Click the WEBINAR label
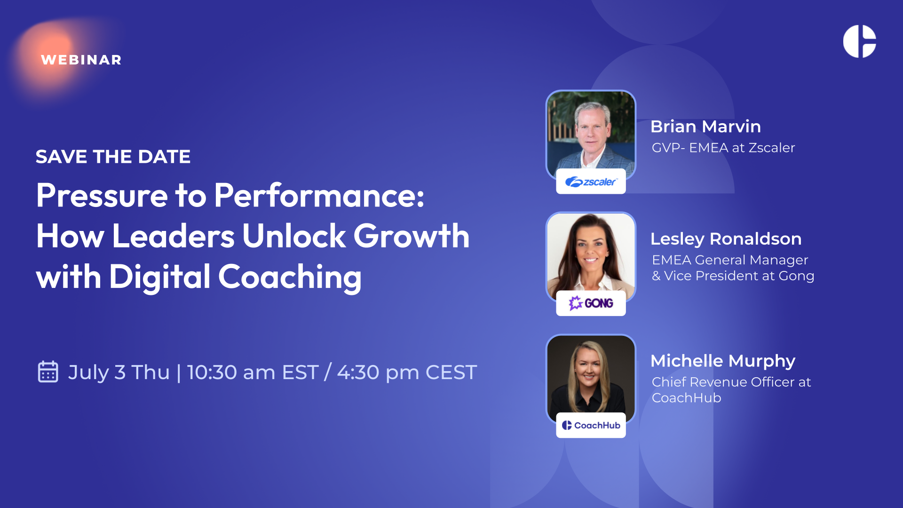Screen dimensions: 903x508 pos(81,60)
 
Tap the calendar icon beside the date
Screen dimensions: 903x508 pos(48,372)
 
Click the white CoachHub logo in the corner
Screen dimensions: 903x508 pos(859,41)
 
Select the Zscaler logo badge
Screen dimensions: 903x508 pos(591,182)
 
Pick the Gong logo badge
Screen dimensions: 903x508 pos(591,303)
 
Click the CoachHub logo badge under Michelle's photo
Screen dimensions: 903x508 pos(591,425)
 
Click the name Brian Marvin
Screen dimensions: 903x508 pos(705,127)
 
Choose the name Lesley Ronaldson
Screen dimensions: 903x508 pos(726,239)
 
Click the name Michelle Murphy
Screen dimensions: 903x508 pos(723,361)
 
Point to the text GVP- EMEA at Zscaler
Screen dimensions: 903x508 pos(723,148)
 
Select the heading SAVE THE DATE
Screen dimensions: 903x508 pos(113,157)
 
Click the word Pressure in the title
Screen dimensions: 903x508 pos(102,195)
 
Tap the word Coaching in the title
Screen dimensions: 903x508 pos(290,277)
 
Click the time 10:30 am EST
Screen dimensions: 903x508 pos(253,372)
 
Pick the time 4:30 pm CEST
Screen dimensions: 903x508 pos(407,372)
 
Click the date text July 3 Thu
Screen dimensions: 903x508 pos(119,372)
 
